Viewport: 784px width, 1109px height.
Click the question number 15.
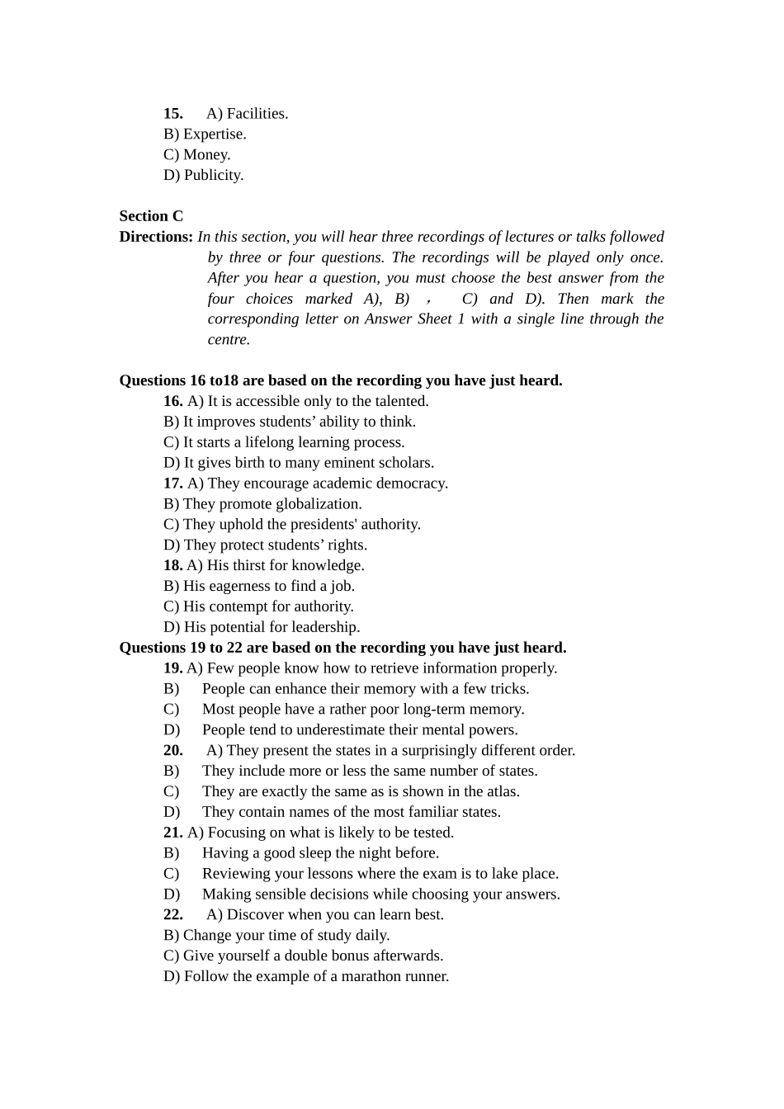(x=172, y=114)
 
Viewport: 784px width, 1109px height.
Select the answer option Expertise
(x=215, y=134)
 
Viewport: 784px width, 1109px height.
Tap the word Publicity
(x=214, y=176)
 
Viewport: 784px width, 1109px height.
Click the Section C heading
(x=151, y=216)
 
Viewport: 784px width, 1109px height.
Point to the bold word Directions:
(x=156, y=237)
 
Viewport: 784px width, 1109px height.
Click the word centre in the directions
(x=228, y=340)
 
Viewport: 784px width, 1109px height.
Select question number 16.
(x=172, y=402)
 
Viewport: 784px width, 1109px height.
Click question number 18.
(x=172, y=566)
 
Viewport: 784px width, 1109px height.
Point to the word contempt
(x=239, y=606)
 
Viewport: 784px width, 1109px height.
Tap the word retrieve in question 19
(x=384, y=668)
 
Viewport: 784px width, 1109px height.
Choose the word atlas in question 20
(x=502, y=791)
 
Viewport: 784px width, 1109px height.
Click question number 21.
(x=172, y=833)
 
